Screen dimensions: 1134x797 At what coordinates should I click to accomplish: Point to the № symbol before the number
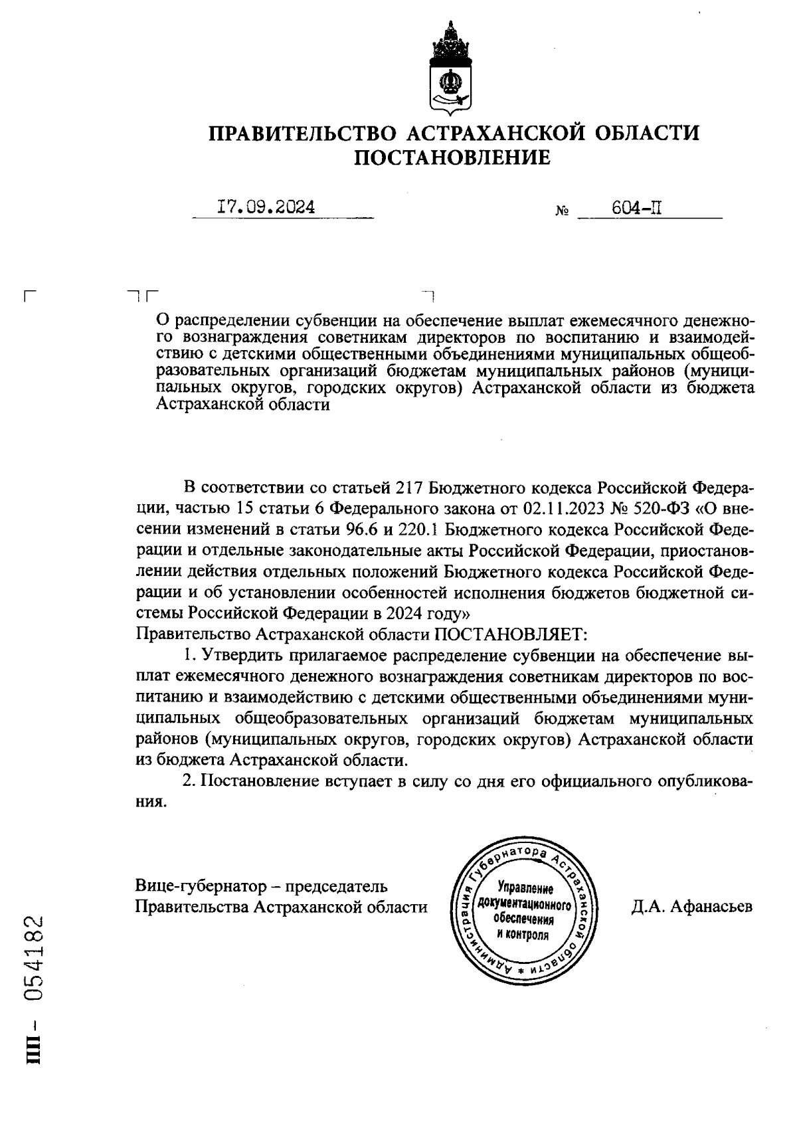click(x=561, y=213)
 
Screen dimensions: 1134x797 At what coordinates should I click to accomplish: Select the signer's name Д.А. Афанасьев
click(x=692, y=907)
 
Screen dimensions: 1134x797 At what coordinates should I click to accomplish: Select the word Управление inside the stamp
click(x=525, y=890)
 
